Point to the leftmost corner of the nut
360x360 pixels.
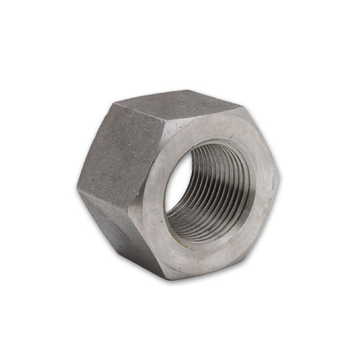(78, 189)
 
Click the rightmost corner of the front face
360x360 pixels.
(280, 174)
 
